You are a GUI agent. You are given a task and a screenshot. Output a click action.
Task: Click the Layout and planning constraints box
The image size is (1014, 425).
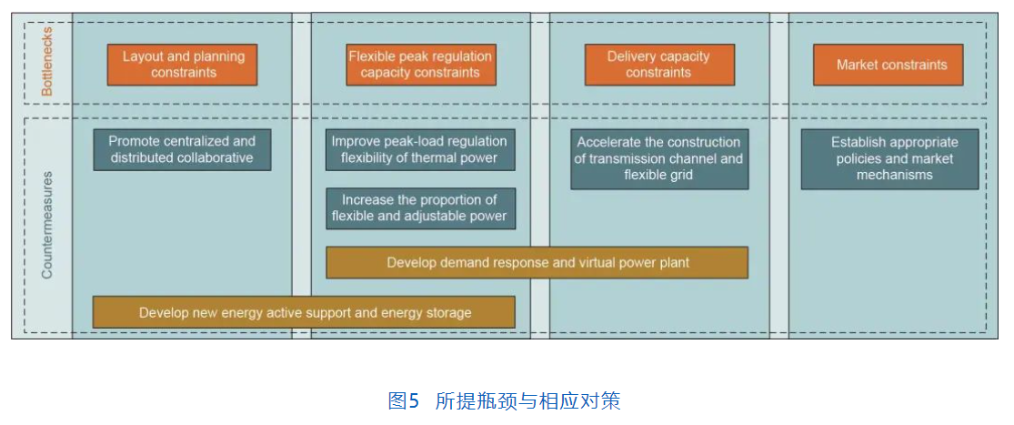tap(183, 65)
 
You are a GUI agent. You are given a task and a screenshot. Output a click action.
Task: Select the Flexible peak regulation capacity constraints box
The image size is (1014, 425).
tap(421, 65)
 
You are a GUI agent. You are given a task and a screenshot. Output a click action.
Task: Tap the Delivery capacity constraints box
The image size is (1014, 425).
tap(659, 65)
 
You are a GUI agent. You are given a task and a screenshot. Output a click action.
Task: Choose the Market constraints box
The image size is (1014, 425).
tap(888, 65)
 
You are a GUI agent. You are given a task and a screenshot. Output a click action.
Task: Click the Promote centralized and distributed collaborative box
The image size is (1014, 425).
tap(183, 149)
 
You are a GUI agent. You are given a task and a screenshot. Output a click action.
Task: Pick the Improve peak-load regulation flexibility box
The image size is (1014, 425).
tap(420, 149)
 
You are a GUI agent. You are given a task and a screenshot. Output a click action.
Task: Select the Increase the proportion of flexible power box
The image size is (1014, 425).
tap(420, 208)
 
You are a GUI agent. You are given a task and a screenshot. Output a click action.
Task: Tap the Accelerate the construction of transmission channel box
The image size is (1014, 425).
tap(659, 159)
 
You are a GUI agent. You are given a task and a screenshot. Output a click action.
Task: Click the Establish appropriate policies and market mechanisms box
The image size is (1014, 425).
tap(889, 159)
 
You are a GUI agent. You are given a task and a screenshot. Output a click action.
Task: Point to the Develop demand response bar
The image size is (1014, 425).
tap(537, 263)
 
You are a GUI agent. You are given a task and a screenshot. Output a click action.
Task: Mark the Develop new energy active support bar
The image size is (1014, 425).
tap(304, 312)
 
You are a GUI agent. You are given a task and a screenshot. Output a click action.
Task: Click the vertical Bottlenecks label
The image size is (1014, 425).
tap(46, 65)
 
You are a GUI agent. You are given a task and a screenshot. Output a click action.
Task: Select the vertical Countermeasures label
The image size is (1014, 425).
tap(46, 225)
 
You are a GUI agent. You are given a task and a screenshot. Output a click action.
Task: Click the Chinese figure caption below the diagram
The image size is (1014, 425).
tap(504, 401)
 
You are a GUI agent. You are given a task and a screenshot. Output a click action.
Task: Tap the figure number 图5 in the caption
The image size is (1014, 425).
tap(404, 401)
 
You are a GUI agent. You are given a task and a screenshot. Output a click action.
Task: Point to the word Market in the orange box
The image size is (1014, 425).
tap(858, 65)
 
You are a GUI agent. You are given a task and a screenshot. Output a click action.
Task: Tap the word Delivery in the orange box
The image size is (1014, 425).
tap(630, 56)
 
